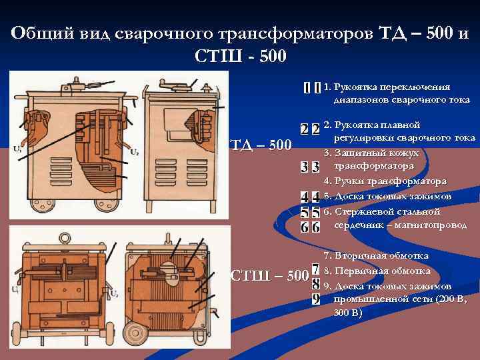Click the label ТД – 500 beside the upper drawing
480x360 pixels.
click(261, 144)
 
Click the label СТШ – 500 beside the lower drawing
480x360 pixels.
click(269, 275)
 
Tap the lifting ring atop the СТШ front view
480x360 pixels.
click(65, 237)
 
